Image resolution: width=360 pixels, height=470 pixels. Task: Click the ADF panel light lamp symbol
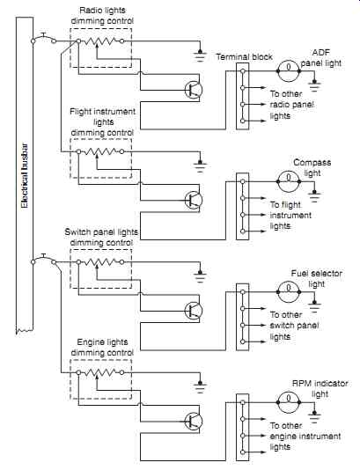[x=289, y=71]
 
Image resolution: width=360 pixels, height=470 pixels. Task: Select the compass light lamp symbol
[x=289, y=181]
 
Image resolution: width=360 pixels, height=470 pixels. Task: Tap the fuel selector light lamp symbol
[x=289, y=292]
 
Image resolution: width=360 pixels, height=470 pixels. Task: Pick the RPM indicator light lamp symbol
[x=289, y=402]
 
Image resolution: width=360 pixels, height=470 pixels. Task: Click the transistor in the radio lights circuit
[x=194, y=89]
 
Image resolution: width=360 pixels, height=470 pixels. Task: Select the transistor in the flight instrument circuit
[x=194, y=200]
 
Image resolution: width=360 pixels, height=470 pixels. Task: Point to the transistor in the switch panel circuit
[x=194, y=310]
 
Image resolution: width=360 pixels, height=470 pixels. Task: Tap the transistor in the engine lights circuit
[x=194, y=421]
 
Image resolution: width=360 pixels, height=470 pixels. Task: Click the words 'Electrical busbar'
[x=25, y=176]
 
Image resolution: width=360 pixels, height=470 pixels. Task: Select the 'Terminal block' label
[x=245, y=56]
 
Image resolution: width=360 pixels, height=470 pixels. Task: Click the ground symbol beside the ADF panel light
[x=314, y=85]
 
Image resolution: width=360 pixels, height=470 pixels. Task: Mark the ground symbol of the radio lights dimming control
[x=200, y=55]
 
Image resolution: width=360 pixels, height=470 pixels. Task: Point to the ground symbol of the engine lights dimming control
[x=200, y=387]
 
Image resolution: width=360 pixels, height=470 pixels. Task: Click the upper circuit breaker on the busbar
[x=44, y=39]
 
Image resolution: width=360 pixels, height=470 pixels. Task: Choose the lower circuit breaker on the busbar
[x=44, y=260]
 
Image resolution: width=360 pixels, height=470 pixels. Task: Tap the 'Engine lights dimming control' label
[x=102, y=348]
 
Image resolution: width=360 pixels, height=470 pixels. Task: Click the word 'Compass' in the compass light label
[x=312, y=163]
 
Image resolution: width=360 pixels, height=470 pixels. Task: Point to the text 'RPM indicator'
[x=320, y=384]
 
